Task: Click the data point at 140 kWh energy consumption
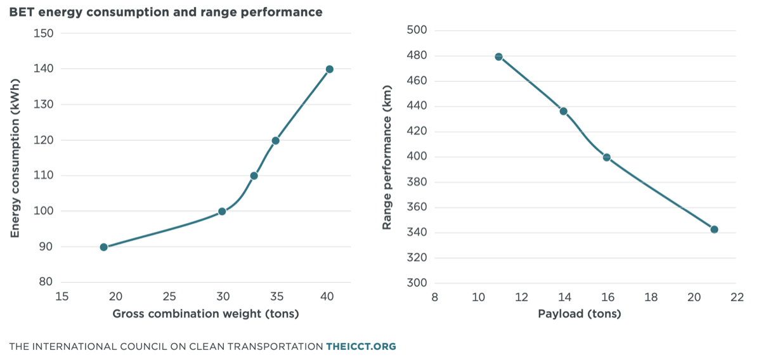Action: pos(329,69)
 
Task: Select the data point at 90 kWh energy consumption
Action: pos(104,247)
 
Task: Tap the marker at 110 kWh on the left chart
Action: pos(254,176)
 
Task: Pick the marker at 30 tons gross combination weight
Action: pos(222,212)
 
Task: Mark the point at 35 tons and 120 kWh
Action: pos(275,141)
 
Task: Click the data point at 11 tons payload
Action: pos(498,56)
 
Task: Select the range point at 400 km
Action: pos(607,158)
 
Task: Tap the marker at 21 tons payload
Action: pos(714,229)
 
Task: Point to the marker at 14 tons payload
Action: pos(564,112)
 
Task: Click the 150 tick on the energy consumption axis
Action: pos(44,34)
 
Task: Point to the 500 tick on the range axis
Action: pos(417,30)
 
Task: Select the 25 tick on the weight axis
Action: pos(169,297)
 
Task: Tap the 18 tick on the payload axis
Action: pos(651,297)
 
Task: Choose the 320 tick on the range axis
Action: pos(417,257)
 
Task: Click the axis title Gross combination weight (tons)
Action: pos(206,314)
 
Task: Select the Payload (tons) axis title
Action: pos(580,314)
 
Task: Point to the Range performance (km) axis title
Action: pos(387,157)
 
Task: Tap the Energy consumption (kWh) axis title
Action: pos(15,158)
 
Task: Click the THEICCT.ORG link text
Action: pos(361,347)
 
